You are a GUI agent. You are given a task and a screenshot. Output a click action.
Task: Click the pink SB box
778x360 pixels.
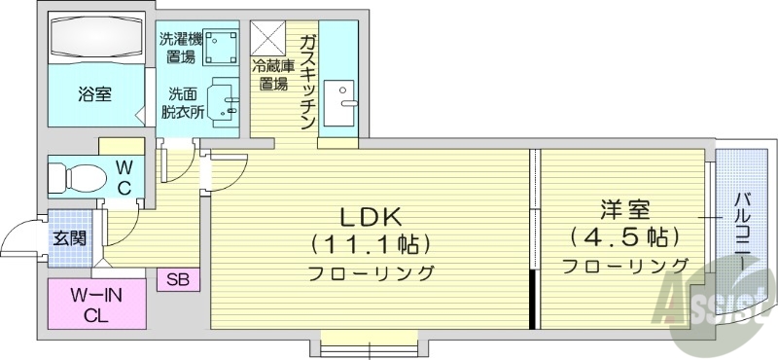coord(178,280)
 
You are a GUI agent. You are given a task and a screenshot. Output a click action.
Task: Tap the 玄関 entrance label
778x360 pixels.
coord(67,236)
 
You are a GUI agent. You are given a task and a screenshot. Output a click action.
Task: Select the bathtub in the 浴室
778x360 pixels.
coord(94,43)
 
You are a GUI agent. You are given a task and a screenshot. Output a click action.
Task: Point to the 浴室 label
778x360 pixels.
coord(94,94)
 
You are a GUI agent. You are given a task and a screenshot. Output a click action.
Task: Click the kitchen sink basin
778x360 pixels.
coord(340,98)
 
